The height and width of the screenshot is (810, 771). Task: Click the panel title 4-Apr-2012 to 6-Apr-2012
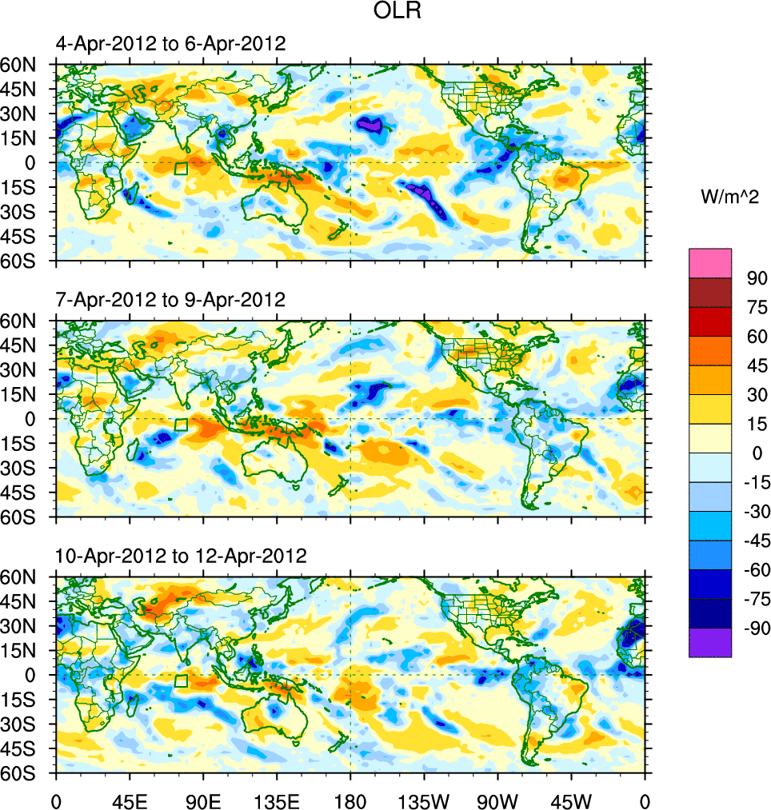(170, 44)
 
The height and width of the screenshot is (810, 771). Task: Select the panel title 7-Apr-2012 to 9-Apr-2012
(170, 300)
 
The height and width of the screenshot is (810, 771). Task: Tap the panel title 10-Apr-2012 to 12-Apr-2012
(180, 556)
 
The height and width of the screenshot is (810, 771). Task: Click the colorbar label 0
(753, 453)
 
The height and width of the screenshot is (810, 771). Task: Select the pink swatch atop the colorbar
(710, 262)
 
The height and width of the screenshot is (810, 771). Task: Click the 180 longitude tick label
(350, 800)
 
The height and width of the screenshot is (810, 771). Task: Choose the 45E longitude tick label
(130, 800)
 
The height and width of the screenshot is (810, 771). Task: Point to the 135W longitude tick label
(424, 800)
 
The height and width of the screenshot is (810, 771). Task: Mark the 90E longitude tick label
(203, 800)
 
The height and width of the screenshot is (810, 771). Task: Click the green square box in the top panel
(181, 169)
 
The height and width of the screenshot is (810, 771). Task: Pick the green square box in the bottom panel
(181, 681)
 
